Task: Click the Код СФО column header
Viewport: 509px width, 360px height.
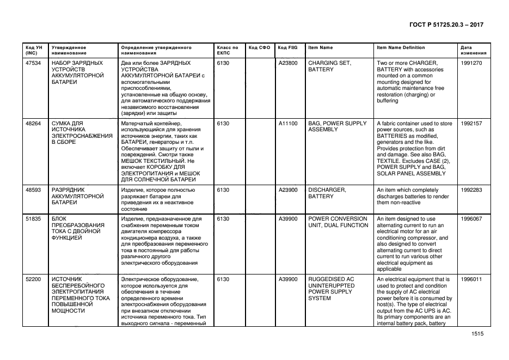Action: point(259,47)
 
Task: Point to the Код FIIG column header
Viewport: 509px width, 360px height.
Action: point(287,47)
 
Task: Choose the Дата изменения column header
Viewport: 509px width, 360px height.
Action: point(470,51)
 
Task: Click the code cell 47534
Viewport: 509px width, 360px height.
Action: point(33,63)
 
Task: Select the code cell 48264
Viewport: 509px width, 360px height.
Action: point(33,124)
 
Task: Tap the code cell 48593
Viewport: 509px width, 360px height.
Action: point(33,190)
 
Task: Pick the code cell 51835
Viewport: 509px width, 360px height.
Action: point(33,219)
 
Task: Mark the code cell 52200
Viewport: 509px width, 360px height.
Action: point(33,279)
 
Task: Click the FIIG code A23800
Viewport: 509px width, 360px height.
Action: point(288,63)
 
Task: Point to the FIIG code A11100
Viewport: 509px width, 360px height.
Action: point(288,124)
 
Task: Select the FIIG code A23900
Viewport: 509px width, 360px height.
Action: point(288,190)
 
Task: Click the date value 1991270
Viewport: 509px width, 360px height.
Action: point(471,63)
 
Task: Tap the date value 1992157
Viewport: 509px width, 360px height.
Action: point(471,124)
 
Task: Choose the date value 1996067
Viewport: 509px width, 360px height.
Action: point(471,219)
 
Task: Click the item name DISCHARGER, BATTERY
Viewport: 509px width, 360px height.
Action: point(327,193)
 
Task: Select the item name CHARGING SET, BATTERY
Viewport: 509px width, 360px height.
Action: point(330,66)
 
